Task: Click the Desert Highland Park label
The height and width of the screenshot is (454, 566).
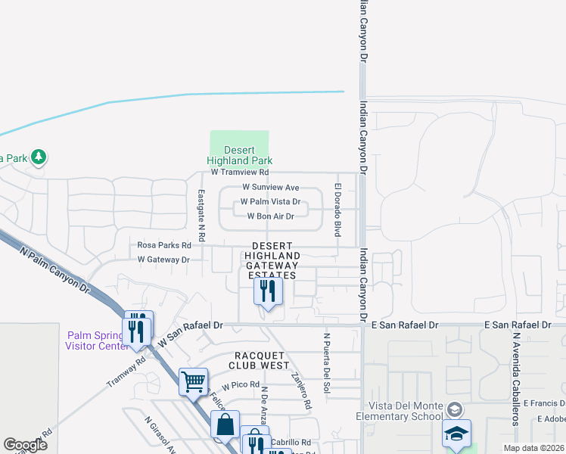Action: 239,155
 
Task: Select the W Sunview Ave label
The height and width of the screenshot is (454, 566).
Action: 270,187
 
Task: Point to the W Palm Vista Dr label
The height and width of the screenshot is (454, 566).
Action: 270,202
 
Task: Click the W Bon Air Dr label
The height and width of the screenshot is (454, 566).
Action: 270,216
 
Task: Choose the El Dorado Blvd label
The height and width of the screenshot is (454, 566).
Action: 337,210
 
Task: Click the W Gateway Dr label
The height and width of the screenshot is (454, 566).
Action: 163,260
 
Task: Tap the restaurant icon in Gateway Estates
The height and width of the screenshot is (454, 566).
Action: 268,291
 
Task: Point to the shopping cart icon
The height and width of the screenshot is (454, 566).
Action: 194,381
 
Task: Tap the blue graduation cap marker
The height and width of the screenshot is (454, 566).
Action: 456,434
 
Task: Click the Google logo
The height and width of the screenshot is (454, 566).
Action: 26,445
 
